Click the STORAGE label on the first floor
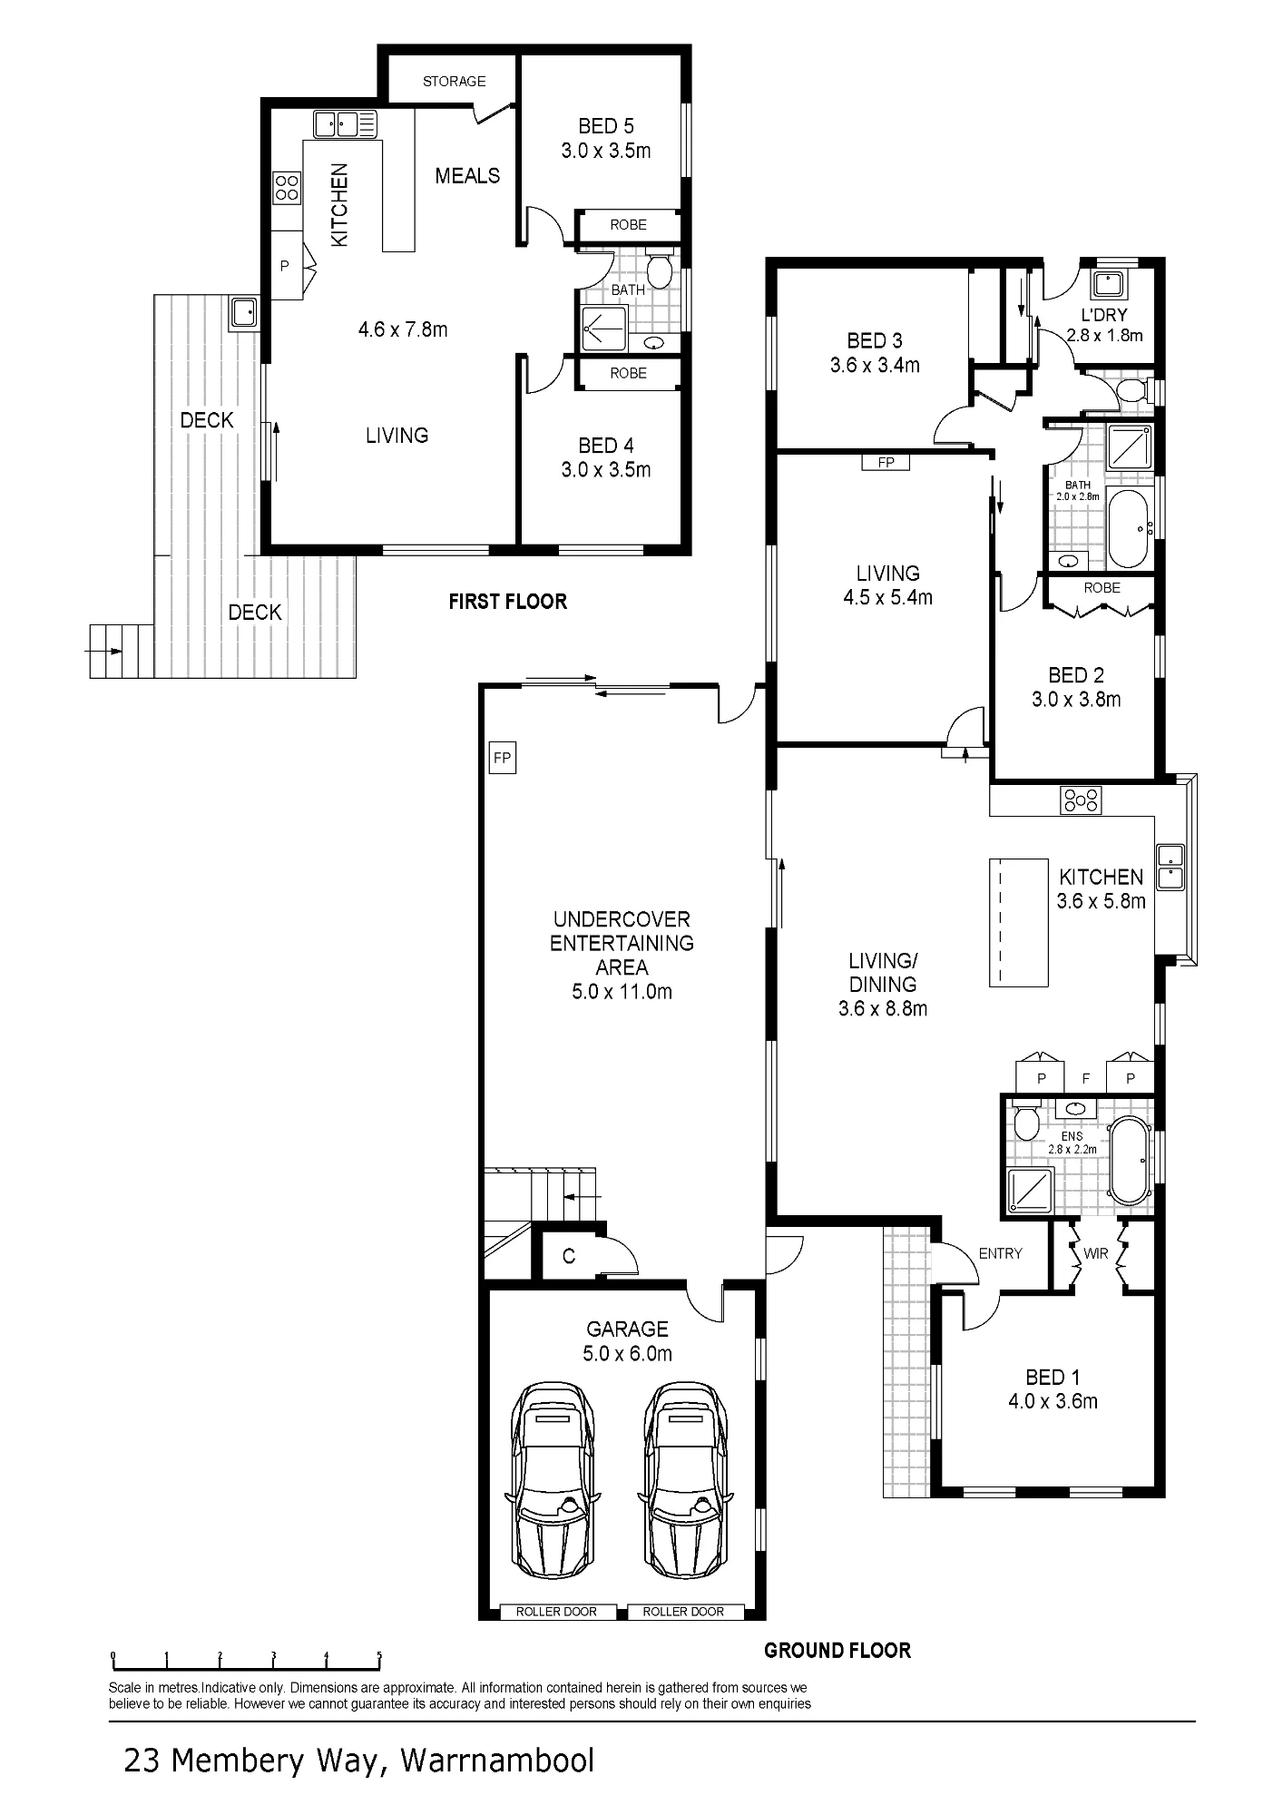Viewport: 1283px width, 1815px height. tap(454, 82)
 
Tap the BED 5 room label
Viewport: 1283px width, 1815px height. tap(605, 126)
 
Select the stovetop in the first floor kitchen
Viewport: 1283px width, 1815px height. tap(287, 188)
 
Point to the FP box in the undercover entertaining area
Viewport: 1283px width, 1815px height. tap(502, 758)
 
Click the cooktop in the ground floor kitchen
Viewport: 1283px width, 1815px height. tap(1081, 800)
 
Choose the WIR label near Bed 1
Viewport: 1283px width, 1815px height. tap(1096, 1254)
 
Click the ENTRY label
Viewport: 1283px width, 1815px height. tap(1000, 1253)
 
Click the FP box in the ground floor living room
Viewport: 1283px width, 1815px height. tap(886, 463)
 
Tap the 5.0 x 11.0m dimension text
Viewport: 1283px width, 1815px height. tap(622, 992)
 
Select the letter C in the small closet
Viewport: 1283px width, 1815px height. tap(569, 1256)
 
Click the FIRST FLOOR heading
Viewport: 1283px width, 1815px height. tap(507, 602)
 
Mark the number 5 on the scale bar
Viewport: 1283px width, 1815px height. tap(379, 1656)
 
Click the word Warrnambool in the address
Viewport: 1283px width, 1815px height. tap(497, 1761)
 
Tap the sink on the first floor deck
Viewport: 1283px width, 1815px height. tap(244, 313)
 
